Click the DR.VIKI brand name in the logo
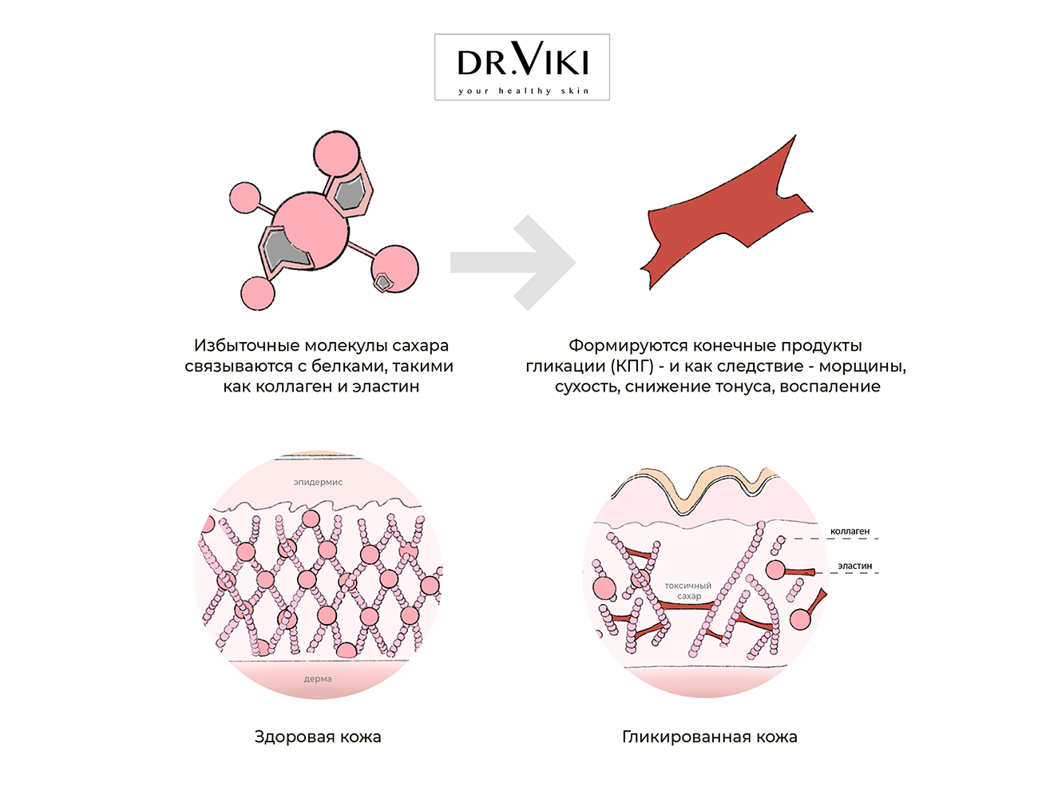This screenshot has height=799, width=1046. click(523, 59)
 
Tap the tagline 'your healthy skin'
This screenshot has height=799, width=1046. click(523, 90)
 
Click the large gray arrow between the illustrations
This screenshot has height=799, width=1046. click(513, 263)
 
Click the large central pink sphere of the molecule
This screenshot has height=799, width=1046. click(310, 230)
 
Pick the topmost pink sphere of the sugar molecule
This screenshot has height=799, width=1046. click(336, 153)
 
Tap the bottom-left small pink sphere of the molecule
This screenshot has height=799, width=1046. click(258, 293)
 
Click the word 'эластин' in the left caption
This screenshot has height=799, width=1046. click(386, 386)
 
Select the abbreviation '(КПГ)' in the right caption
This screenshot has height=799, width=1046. click(632, 366)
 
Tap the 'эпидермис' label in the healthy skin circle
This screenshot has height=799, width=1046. click(318, 482)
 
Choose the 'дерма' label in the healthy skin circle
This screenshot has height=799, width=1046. click(318, 678)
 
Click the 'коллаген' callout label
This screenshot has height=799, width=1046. click(850, 531)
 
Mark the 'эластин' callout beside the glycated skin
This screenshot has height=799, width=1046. click(855, 566)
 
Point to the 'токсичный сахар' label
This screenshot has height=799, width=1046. click(688, 590)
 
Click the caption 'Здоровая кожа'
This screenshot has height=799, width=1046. click(318, 737)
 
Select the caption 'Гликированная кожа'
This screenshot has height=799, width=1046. click(710, 737)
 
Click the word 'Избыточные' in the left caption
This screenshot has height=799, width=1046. click(246, 346)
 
